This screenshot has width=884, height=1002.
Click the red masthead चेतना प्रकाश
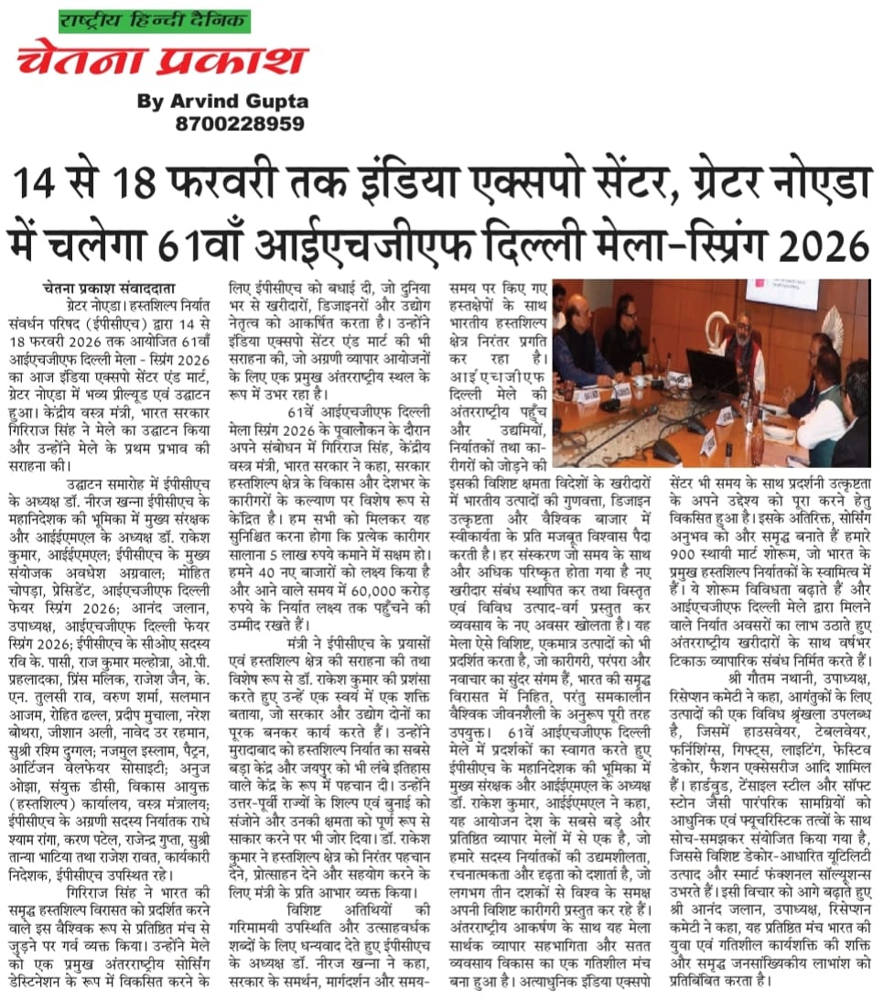[x=161, y=60]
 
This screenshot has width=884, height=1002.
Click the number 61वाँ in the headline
[x=198, y=245]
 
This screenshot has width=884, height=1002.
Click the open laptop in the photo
[x=712, y=371]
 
